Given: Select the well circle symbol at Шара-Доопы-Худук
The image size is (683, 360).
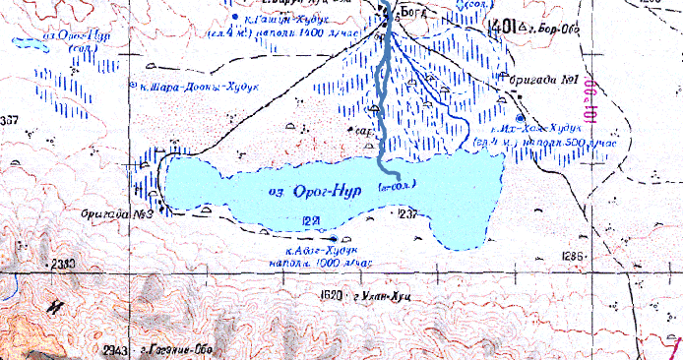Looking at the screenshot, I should [x=134, y=86].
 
